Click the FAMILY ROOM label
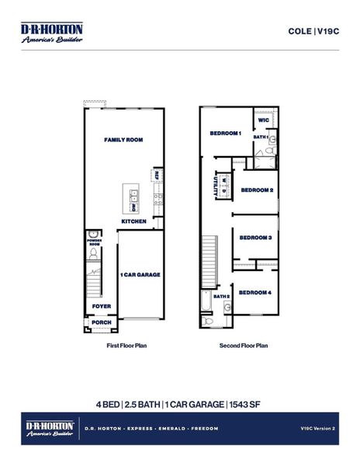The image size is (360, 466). tap(124, 140)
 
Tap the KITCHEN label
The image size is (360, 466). tap(133, 221)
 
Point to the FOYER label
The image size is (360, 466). tap(102, 306)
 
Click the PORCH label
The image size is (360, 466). tap(102, 322)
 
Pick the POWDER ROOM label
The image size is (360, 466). tap(93, 243)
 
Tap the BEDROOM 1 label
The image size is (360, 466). tap(226, 134)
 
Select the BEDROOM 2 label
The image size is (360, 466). tap(256, 190)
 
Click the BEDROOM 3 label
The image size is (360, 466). tap(255, 238)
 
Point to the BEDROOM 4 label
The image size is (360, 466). tap(255, 292)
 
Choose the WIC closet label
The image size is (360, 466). tap(264, 120)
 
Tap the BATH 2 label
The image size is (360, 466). tap(222, 296)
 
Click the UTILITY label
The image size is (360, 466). tap(216, 186)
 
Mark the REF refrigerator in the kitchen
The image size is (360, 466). tap(158, 175)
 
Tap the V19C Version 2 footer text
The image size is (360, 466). tap(316, 428)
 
